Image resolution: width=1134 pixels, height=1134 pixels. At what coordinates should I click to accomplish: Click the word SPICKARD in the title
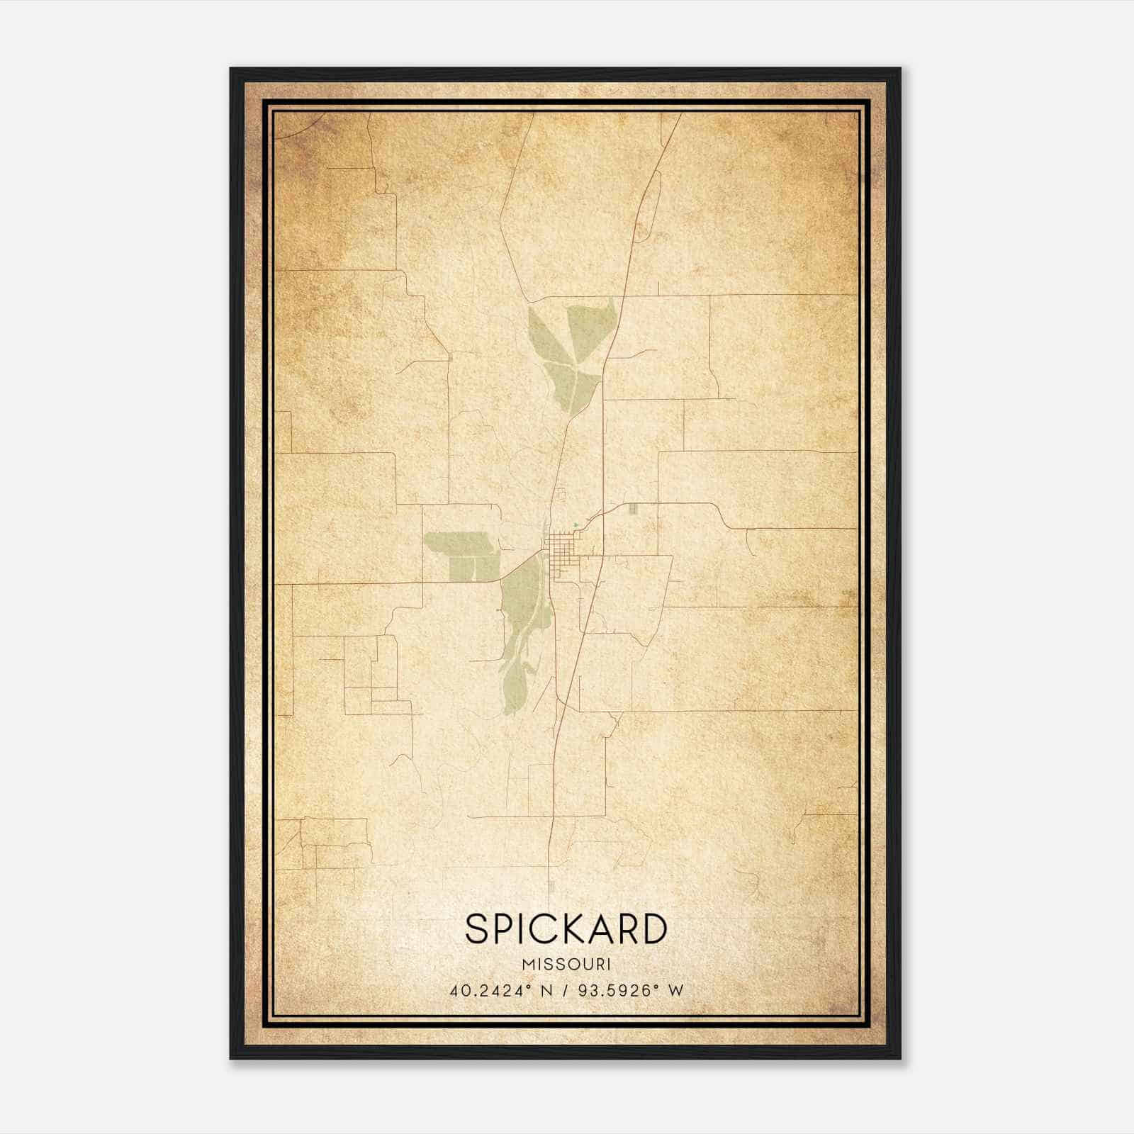pyautogui.click(x=566, y=928)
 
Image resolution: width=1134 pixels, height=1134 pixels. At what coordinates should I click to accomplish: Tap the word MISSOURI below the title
pyautogui.click(x=566, y=964)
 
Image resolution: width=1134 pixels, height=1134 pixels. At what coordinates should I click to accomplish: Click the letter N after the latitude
pyautogui.click(x=545, y=990)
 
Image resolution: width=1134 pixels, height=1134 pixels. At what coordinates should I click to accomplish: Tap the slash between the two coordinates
pyautogui.click(x=565, y=990)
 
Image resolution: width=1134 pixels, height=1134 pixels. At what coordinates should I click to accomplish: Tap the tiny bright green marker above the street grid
pyautogui.click(x=576, y=525)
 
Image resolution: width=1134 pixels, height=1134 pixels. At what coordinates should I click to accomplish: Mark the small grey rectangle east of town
pyautogui.click(x=634, y=508)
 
